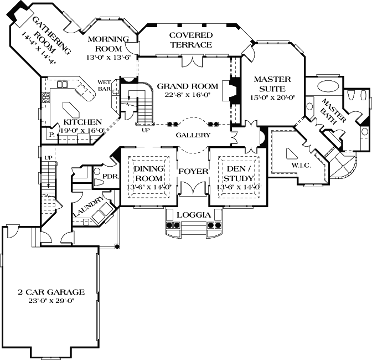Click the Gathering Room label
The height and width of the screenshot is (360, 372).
[52, 36]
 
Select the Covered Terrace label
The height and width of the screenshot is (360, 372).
[191, 40]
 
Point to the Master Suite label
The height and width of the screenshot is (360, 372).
[269, 84]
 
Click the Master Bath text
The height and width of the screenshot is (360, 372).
[334, 111]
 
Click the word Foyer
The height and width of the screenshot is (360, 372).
[193, 171]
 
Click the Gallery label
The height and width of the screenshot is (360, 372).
[193, 135]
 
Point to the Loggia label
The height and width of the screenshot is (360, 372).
[192, 214]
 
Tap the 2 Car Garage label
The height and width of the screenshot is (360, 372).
[50, 291]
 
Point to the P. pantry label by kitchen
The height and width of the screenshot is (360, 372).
[50, 134]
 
